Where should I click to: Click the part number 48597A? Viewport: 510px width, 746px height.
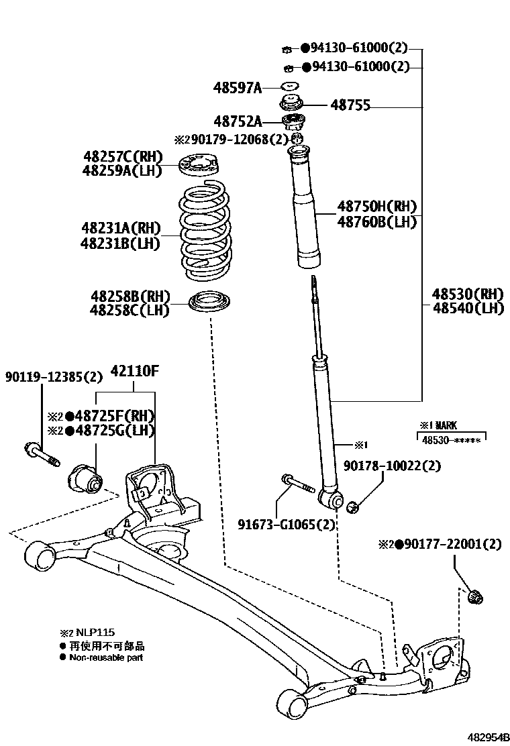238,87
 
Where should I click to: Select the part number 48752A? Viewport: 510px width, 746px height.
238,121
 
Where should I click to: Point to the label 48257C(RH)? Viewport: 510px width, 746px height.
123,156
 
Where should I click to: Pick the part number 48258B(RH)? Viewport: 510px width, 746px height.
130,296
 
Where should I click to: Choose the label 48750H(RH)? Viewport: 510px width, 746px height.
377,207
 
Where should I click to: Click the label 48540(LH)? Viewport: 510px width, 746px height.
467,309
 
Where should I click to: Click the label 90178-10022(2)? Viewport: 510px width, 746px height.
393,466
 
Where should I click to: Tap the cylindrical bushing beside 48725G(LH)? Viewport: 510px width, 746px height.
85,478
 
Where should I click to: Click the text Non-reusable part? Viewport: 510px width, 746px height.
106,658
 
